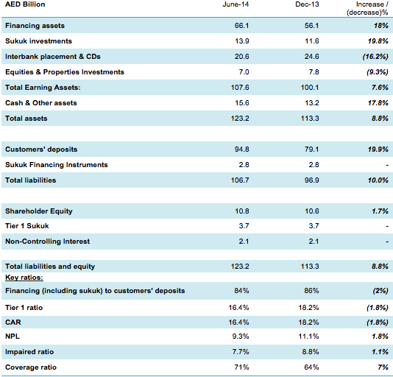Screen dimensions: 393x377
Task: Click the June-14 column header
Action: (x=236, y=4)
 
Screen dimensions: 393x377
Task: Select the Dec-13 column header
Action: (x=307, y=4)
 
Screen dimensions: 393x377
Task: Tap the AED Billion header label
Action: (x=25, y=4)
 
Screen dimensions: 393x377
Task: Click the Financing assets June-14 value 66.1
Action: (x=241, y=26)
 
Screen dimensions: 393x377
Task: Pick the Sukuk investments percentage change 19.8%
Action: (x=378, y=41)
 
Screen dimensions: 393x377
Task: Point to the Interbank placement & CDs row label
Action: (x=53, y=57)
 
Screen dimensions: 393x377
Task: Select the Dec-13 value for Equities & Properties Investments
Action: (x=314, y=72)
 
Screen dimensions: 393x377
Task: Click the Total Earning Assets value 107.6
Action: (x=240, y=88)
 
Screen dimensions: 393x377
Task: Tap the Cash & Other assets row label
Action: (x=41, y=103)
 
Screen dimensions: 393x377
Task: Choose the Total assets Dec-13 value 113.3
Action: (x=310, y=119)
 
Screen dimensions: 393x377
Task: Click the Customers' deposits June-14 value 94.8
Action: (x=241, y=149)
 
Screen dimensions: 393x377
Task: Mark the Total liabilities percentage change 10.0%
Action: (x=378, y=180)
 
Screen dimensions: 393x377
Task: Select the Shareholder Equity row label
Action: (x=39, y=211)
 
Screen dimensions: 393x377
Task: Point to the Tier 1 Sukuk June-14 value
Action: (x=244, y=226)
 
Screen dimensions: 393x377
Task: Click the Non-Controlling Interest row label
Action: (x=47, y=242)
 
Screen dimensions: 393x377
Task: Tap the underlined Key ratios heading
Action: (x=24, y=278)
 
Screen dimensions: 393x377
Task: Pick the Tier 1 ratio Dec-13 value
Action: (x=308, y=308)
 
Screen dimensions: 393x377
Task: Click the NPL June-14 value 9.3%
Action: (x=241, y=337)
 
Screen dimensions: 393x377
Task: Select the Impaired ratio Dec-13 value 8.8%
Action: (x=311, y=352)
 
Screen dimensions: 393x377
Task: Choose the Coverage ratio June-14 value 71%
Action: (x=241, y=367)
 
